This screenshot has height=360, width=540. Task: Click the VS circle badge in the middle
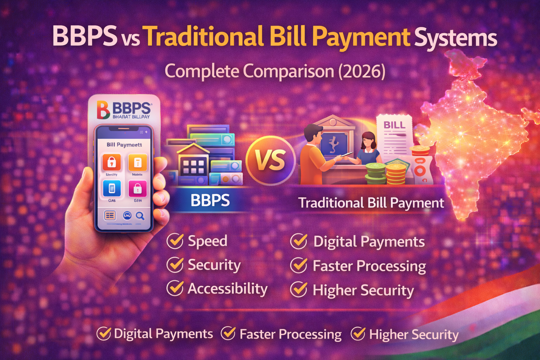[x=270, y=160]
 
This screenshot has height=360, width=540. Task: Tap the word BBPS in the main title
[x=84, y=37]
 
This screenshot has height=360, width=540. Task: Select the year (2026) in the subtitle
[x=362, y=71]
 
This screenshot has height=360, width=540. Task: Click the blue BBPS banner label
[x=210, y=200]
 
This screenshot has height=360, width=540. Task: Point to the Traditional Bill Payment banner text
[x=371, y=203]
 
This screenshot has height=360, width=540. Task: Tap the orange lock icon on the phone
[x=111, y=162]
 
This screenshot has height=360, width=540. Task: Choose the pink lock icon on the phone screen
[x=137, y=188]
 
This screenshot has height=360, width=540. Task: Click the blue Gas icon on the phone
[x=111, y=188]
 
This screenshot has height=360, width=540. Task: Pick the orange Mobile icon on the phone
[x=137, y=162]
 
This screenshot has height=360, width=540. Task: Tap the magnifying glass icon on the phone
[x=140, y=216]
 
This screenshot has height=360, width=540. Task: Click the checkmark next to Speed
[x=175, y=241]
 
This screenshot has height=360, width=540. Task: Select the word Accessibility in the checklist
[x=227, y=289]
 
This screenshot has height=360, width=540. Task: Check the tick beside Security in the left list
[x=175, y=265]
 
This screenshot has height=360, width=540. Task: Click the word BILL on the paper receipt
[x=394, y=125]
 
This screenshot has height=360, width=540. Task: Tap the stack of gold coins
[x=396, y=173]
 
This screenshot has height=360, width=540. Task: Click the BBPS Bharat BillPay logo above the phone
[x=124, y=109]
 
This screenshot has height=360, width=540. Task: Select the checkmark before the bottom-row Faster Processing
[x=228, y=333]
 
